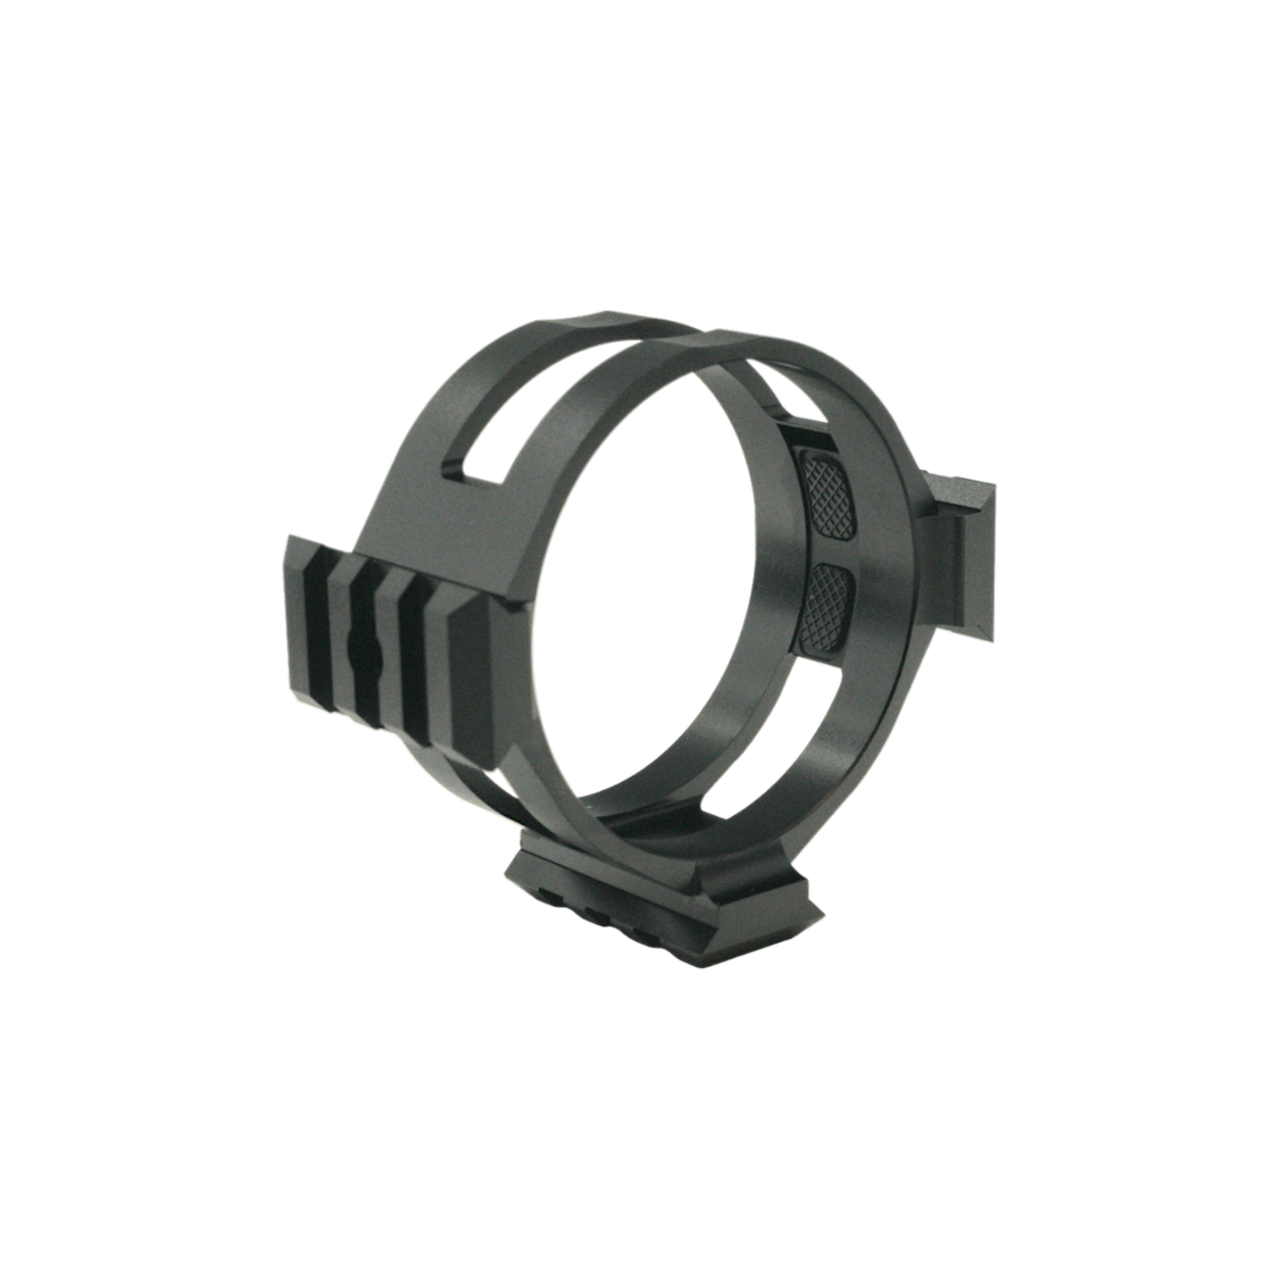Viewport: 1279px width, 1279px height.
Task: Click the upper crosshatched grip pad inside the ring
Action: click(x=827, y=491)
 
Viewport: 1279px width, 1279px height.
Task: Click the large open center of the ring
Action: click(x=639, y=560)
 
